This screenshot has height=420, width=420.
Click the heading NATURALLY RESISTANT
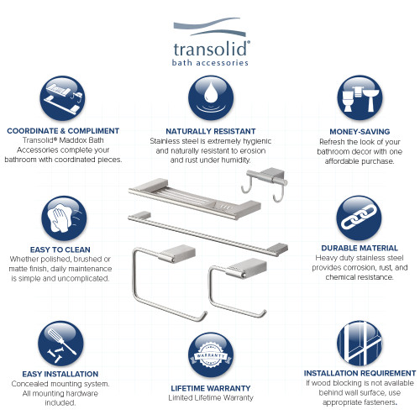(x=210, y=132)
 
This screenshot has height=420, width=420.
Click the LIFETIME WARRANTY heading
(x=210, y=387)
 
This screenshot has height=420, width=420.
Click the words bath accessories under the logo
(x=210, y=62)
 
